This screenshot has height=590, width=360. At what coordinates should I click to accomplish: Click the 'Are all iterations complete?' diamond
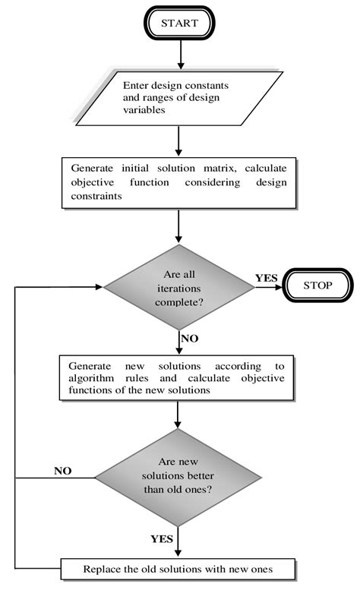(x=178, y=287)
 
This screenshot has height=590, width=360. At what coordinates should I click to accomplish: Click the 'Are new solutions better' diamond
(x=178, y=477)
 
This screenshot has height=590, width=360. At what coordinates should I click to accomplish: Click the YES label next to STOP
(x=266, y=278)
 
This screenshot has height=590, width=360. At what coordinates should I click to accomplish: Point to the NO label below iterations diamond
(x=191, y=336)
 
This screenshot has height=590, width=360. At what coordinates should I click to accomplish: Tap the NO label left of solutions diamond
(x=62, y=470)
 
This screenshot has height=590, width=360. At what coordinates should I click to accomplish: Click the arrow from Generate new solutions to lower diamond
(x=178, y=413)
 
